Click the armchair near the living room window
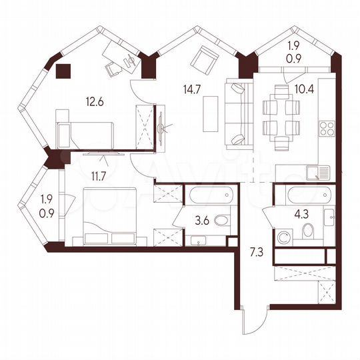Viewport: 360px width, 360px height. (x=204, y=62)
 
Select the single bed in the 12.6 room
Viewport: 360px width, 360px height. (x=87, y=134)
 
